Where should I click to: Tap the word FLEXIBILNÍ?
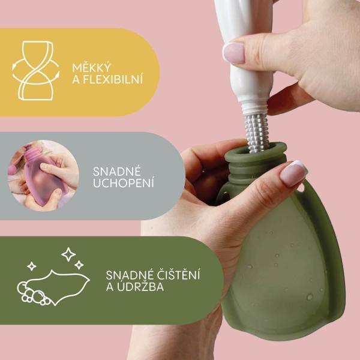113,79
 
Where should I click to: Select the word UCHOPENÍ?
123,182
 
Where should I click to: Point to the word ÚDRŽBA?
140,286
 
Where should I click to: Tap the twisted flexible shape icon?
35,71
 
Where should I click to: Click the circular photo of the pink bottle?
43,175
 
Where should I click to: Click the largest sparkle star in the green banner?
68,254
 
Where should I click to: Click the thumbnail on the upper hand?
234,53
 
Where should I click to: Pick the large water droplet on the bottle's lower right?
310,296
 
